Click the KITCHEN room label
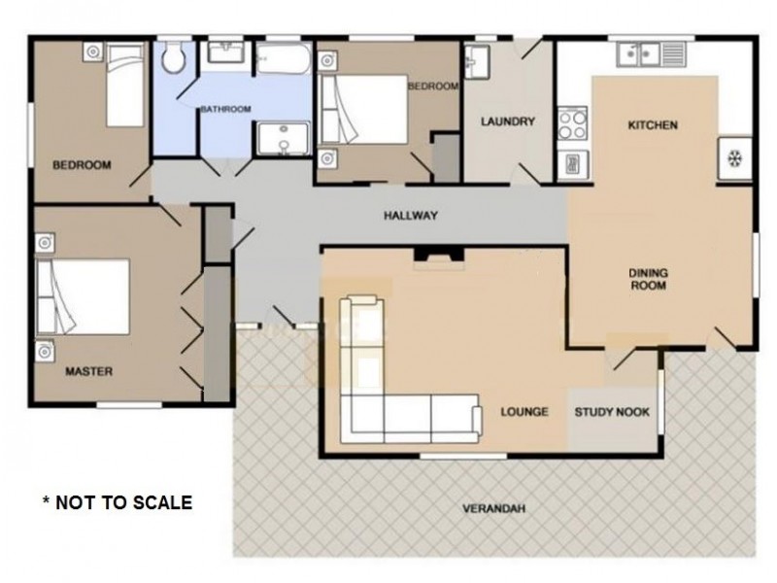point(652,125)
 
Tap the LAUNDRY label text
point(508,121)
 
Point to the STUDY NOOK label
point(612,412)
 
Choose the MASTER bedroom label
point(89,371)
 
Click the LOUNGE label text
point(524,412)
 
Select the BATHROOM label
point(225,109)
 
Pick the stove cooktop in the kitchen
point(571,123)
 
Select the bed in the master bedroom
point(84,297)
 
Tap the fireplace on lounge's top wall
point(441,255)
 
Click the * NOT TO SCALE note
point(117,502)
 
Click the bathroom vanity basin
point(224,53)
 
